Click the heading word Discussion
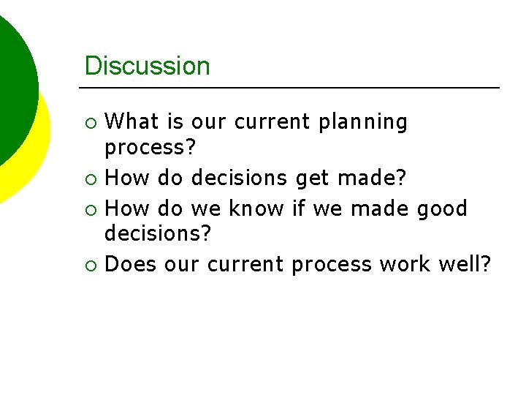[147, 66]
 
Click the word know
[256, 208]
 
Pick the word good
[441, 209]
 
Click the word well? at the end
[464, 263]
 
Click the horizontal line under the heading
[292, 88]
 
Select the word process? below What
[150, 148]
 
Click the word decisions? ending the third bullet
[158, 234]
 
